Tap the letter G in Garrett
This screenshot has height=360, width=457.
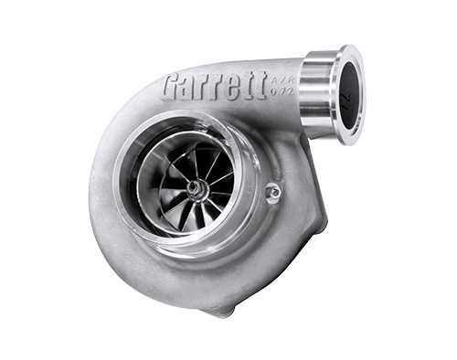(171, 88)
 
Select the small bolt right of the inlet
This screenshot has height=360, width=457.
(272, 191)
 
